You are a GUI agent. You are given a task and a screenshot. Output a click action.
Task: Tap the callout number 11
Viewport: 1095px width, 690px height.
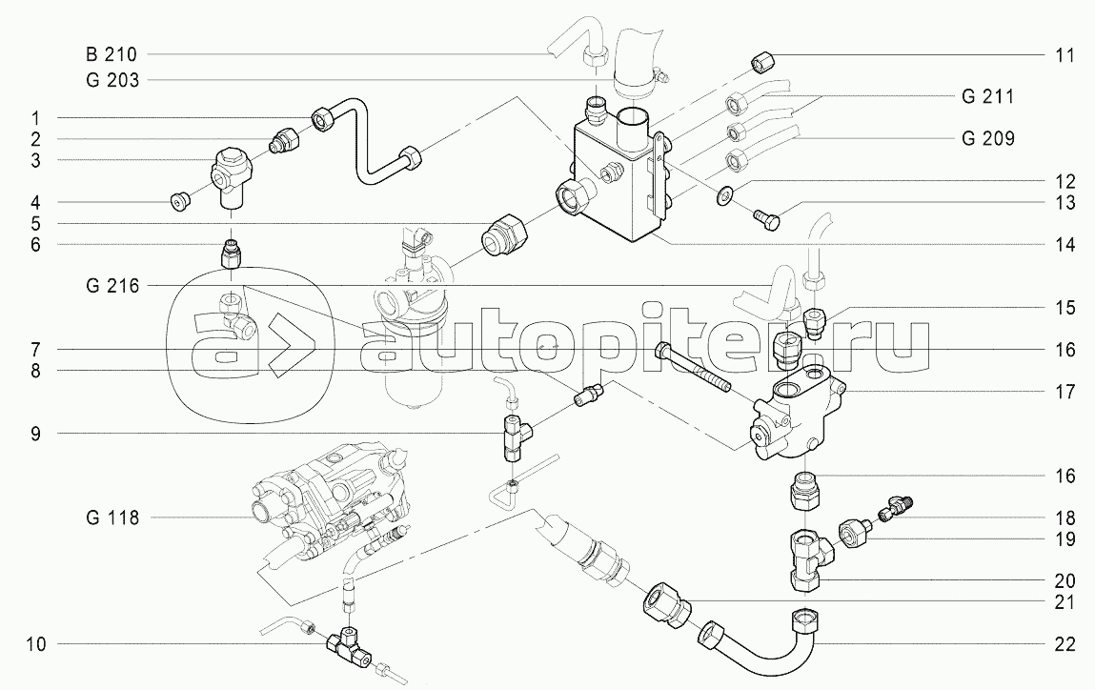click(x=1065, y=55)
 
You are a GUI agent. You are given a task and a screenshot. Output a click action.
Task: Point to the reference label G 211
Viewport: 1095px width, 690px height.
click(x=986, y=96)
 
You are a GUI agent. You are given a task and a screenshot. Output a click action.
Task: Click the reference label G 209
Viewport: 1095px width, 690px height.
click(x=987, y=139)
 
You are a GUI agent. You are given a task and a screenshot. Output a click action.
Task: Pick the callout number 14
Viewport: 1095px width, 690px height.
click(x=1065, y=244)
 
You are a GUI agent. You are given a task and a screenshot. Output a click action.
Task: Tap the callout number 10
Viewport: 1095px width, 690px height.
click(x=36, y=644)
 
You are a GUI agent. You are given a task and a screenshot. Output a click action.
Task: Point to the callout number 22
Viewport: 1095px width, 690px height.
click(x=1065, y=644)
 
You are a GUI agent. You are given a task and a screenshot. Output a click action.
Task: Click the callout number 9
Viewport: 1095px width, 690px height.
click(x=34, y=434)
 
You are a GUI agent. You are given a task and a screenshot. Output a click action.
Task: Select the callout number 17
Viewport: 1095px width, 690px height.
click(x=1065, y=391)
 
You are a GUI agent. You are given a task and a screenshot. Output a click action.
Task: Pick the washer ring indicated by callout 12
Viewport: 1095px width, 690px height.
click(x=725, y=195)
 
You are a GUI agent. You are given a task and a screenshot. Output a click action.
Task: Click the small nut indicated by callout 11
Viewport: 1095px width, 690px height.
click(x=759, y=64)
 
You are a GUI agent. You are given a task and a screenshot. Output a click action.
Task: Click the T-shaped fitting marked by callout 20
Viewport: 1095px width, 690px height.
click(x=808, y=558)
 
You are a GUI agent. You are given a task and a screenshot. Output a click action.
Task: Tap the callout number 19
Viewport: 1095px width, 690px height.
click(x=1065, y=538)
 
